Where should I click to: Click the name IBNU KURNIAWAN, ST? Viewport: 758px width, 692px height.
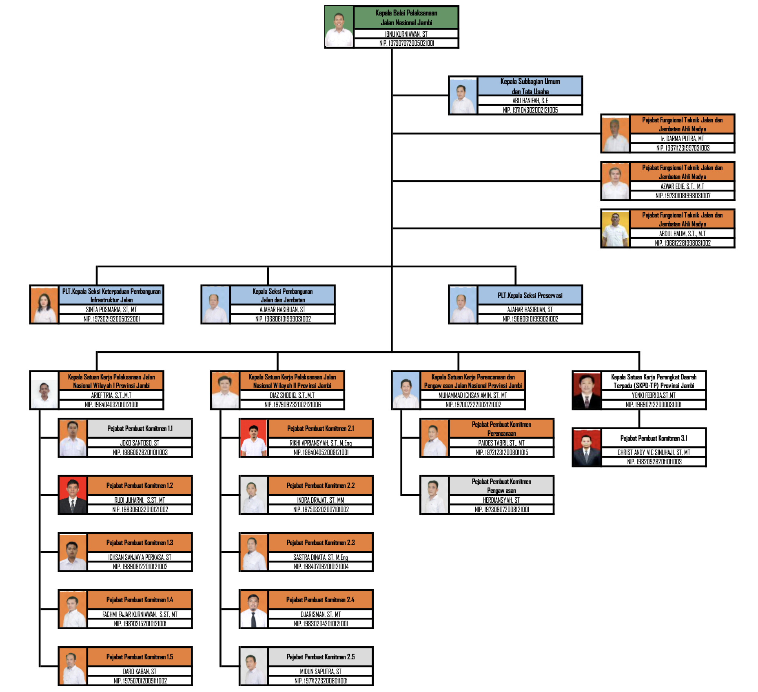406,34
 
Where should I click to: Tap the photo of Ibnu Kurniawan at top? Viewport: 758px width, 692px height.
339,27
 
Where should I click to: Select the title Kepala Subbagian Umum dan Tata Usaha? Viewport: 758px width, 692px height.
530,86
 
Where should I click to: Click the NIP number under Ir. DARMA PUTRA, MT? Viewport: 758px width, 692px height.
683,148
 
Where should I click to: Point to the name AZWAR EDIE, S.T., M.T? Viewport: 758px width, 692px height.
682,186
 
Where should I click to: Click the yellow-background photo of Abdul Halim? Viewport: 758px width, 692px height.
615,229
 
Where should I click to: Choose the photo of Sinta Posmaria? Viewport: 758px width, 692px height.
44,305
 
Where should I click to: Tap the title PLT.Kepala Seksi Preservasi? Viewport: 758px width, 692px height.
530,295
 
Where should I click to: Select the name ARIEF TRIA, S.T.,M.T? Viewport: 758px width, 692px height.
111,395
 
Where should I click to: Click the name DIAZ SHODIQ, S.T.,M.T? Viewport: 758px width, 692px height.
292,395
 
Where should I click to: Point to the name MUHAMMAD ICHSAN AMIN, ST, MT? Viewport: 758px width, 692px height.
472,395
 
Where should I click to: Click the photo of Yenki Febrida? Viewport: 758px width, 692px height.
587,390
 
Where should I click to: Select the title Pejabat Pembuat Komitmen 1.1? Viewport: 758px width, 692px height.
140,428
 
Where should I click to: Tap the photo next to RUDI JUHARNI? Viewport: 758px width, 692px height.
73,495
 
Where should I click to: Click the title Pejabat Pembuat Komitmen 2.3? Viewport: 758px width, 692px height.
320,543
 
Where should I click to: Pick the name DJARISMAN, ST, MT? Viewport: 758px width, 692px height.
320,614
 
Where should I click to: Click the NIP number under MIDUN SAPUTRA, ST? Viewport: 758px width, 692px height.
321,681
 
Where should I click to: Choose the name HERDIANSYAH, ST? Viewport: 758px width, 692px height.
501,500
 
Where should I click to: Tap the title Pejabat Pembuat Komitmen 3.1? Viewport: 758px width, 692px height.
654,438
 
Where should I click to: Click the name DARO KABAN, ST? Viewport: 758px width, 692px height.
140,671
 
